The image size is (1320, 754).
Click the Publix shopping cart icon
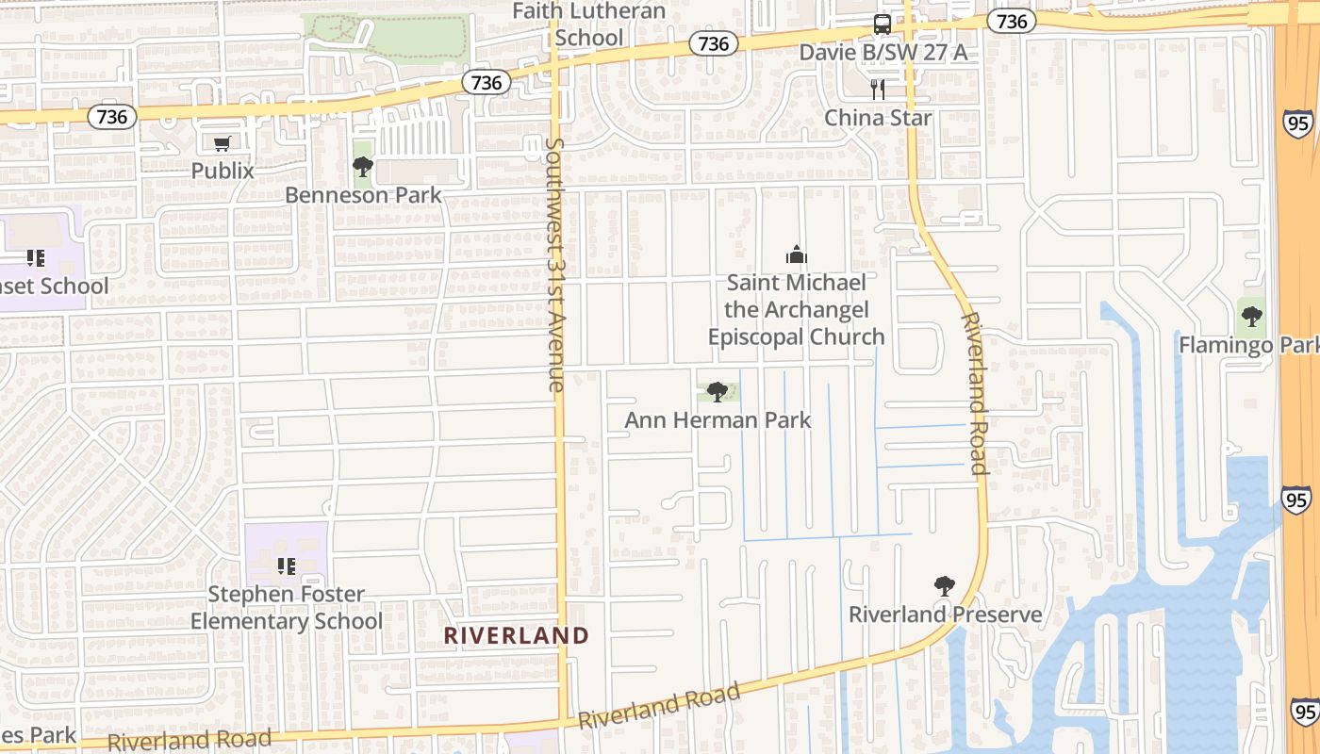click(223, 144)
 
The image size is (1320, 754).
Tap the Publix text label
click(223, 171)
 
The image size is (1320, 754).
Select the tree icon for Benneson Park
click(362, 168)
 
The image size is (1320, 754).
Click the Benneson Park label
click(363, 195)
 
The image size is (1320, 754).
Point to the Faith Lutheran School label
click(589, 25)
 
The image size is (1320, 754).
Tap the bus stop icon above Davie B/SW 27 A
click(882, 25)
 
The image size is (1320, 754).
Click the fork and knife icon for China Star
click(878, 90)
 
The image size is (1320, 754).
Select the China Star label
click(878, 118)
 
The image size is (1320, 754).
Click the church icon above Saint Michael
click(797, 254)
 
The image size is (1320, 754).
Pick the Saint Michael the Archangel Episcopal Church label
click(797, 309)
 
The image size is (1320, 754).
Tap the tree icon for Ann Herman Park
click(717, 391)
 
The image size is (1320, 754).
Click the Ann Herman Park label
click(718, 419)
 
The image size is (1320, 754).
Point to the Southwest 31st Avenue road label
click(554, 264)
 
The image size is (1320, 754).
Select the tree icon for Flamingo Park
click(1251, 317)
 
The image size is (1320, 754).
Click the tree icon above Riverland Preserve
click(944, 586)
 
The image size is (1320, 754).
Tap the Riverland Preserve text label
click(946, 615)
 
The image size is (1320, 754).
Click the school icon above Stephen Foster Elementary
click(287, 566)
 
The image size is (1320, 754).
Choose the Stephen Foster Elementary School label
click(287, 608)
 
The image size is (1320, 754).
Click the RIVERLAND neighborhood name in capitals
click(517, 636)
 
